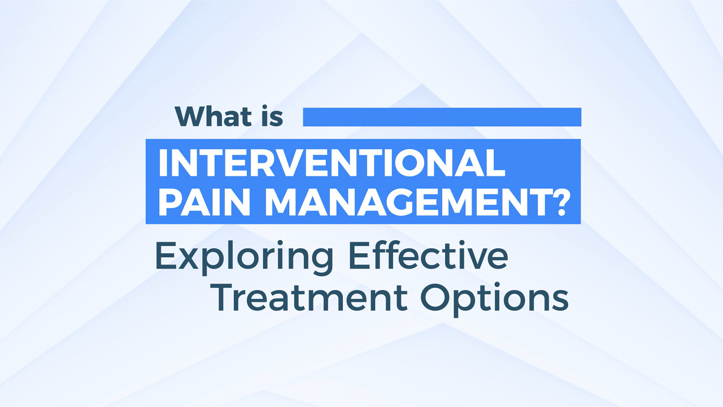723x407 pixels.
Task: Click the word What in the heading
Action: pyautogui.click(x=214, y=116)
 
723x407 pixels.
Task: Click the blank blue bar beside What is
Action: pyautogui.click(x=442, y=117)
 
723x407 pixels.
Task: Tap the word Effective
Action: pyautogui.click(x=428, y=255)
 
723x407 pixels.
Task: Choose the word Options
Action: pyautogui.click(x=494, y=299)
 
